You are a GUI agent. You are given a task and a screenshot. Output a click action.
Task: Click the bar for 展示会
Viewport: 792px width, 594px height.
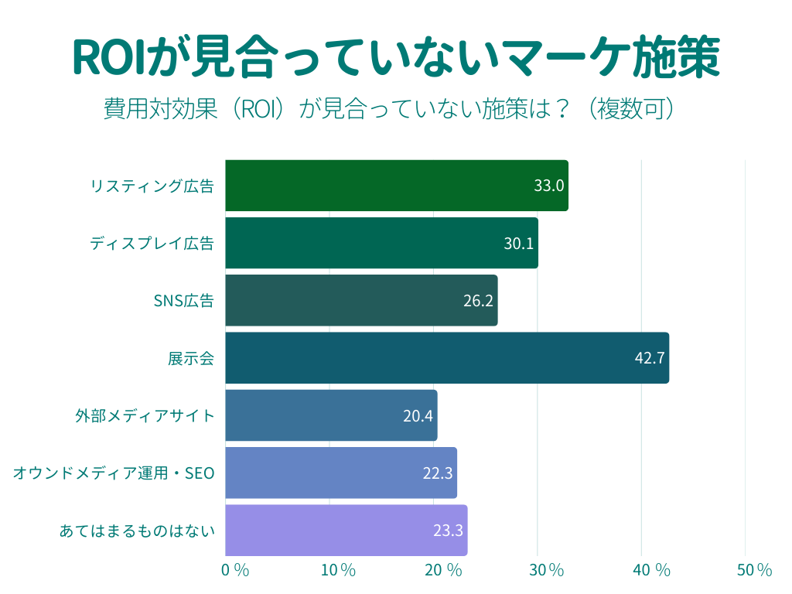(x=446, y=357)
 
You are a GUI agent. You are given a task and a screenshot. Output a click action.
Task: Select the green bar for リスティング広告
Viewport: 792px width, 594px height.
(x=396, y=186)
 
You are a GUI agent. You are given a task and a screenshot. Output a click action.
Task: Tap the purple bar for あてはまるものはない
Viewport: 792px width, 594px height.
(x=346, y=531)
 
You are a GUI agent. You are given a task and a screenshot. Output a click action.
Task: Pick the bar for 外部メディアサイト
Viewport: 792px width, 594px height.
(x=331, y=415)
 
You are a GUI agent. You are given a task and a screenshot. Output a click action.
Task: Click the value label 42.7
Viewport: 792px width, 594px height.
(x=649, y=358)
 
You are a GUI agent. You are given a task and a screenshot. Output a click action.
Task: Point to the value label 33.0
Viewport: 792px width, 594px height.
(x=549, y=186)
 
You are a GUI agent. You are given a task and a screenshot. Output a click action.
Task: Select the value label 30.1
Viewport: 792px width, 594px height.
(x=519, y=244)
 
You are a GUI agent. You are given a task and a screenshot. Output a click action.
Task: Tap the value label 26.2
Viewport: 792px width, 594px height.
(x=478, y=301)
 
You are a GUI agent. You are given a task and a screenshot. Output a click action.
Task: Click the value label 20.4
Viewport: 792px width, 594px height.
(x=418, y=416)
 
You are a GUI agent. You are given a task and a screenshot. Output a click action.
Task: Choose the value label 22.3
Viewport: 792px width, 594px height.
(x=438, y=473)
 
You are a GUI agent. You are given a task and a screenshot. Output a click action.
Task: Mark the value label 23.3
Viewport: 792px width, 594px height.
(x=448, y=531)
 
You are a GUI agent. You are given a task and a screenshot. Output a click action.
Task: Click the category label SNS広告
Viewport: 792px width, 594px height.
(x=184, y=301)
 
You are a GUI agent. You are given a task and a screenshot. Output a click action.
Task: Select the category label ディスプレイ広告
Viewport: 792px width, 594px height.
(x=152, y=244)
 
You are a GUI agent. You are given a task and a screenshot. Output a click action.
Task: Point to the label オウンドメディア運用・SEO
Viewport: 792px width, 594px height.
(x=114, y=473)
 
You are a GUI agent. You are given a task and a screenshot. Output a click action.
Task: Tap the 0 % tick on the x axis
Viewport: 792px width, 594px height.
(x=235, y=571)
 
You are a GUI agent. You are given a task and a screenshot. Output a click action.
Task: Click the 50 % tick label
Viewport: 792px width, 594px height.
(x=754, y=571)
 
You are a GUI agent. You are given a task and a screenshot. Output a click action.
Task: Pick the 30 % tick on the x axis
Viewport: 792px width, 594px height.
(x=547, y=571)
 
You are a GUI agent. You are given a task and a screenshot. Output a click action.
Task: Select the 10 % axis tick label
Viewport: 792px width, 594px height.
(x=338, y=571)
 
